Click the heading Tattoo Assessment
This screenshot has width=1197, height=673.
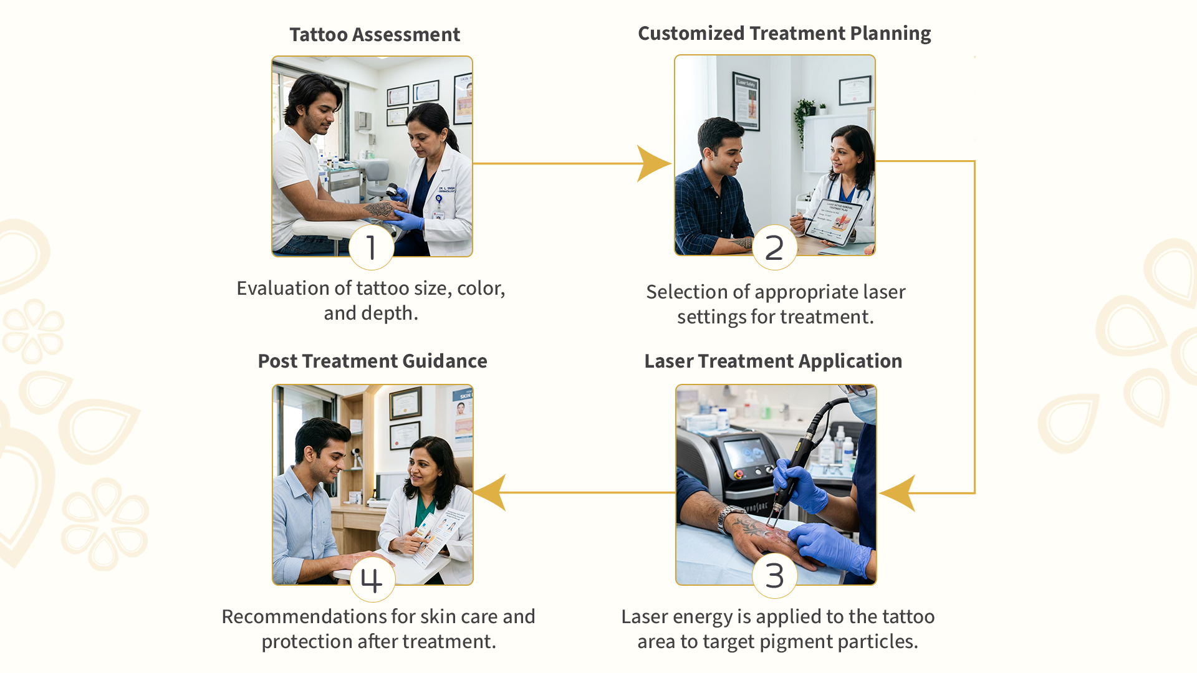pos(375,35)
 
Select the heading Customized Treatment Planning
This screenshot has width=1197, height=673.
pos(784,34)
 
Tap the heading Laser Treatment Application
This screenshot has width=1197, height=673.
pos(773,361)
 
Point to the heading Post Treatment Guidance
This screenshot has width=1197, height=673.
pos(372,361)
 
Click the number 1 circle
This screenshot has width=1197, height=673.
pos(372,247)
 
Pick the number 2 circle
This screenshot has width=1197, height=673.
pos(774,248)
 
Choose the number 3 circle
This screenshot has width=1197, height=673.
pos(774,576)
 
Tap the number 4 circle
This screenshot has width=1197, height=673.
pos(372,580)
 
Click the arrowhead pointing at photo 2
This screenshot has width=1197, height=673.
pos(652,164)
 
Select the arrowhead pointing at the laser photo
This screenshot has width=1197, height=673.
pos(898,493)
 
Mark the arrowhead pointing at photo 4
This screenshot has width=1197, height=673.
pos(491,492)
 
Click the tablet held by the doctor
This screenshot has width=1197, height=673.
pos(834,222)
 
